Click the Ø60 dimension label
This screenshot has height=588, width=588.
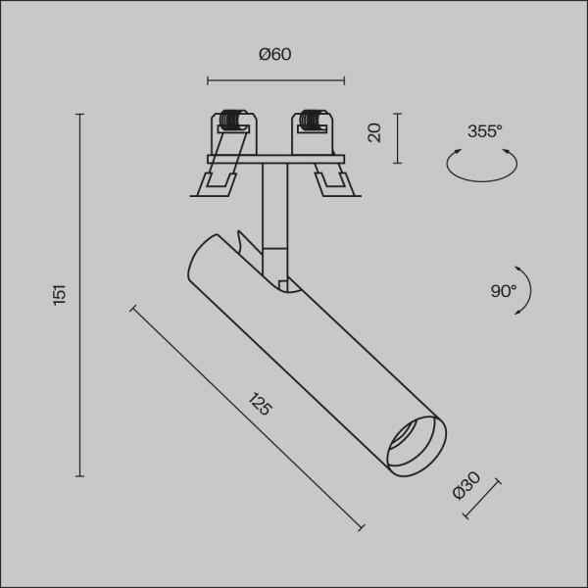(275, 55)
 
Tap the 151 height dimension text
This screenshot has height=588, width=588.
(60, 293)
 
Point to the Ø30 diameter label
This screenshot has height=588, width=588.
(466, 485)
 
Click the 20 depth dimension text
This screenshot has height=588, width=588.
(374, 133)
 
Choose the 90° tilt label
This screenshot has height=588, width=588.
(503, 291)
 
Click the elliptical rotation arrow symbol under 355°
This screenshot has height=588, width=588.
(481, 164)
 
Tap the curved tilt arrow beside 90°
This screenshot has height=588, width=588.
(526, 290)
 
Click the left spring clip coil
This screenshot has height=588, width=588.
(231, 122)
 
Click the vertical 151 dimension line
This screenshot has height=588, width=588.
(80, 294)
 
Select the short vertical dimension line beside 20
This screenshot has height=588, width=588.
(397, 138)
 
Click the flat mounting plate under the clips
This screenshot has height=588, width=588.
(275, 159)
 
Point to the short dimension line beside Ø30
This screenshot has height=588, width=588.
(480, 499)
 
